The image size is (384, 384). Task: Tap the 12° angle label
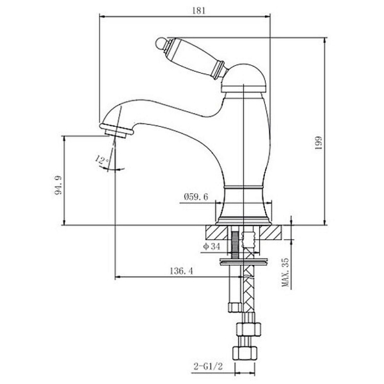click(x=101, y=159)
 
